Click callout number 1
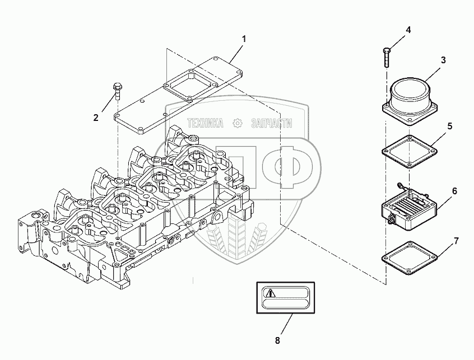pos(244,39)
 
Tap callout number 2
pos(96,118)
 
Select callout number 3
pos(443,60)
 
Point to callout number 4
pos(408,30)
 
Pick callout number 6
pos(454,191)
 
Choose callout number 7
pos(456,241)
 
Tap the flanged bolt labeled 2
pos(118,90)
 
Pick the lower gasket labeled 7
pos(408,256)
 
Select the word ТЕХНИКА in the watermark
pos(206,123)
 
